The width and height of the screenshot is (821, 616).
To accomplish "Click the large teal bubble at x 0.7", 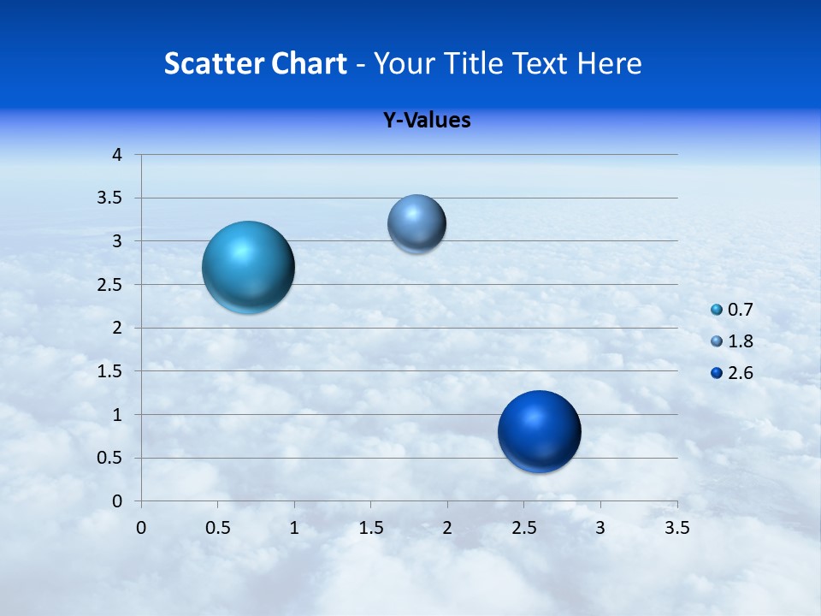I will pos(249,267).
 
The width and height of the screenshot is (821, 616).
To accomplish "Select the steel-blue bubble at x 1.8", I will pos(416,224).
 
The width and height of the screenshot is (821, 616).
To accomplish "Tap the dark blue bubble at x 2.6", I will pos(539,431).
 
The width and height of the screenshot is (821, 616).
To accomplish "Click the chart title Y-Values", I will pos(427,121).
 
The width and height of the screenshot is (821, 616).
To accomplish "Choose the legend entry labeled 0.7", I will pos(732,310).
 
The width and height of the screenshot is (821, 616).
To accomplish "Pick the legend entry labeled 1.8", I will pos(732,341).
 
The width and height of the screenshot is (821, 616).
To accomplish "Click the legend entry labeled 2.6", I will pos(732,373).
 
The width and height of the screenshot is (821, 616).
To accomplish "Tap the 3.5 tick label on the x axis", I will pos(677,528).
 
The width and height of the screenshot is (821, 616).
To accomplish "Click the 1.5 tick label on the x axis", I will pos(370,528).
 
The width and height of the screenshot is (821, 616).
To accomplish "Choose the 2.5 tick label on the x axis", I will pos(523,528).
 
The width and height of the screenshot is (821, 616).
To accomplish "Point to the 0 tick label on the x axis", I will pos(141,528).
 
